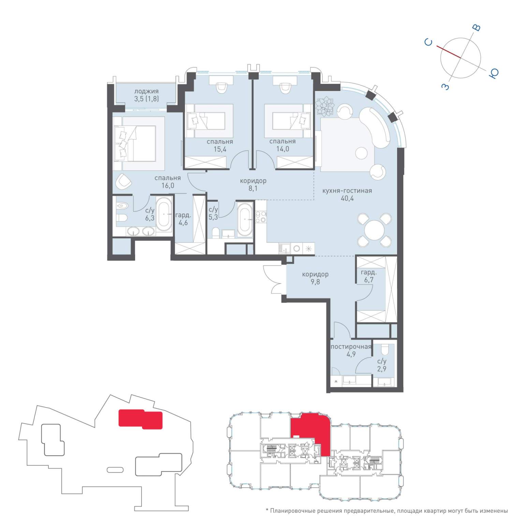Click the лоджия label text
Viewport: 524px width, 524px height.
point(146,91)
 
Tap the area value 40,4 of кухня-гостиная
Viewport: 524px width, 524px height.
point(347,198)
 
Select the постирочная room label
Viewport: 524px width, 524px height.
point(351,347)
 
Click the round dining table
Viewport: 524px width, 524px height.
point(375,230)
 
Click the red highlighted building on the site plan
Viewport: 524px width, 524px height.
point(140,419)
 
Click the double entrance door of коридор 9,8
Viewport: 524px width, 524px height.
point(275,279)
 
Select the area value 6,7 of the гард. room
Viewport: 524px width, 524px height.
point(369,280)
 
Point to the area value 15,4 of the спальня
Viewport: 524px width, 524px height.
point(220,149)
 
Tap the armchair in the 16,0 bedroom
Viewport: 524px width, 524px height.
point(123,181)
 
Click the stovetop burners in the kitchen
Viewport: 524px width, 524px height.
point(261,217)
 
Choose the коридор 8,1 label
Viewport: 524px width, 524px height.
point(253,185)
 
